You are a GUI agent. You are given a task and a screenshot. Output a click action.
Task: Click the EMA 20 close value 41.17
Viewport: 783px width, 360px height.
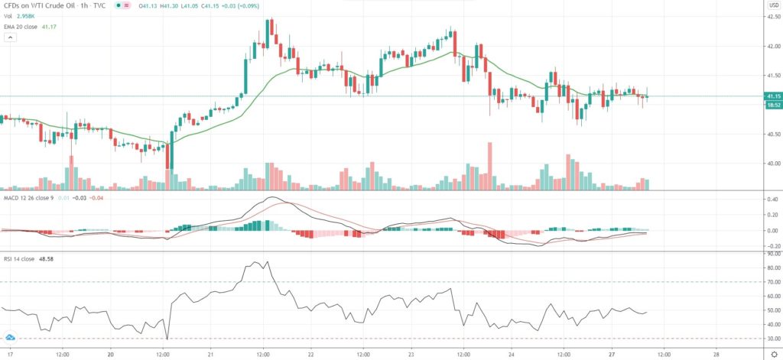pyautogui.click(x=48, y=27)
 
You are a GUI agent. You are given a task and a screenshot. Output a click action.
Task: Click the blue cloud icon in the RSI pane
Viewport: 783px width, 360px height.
pyautogui.click(x=10, y=337)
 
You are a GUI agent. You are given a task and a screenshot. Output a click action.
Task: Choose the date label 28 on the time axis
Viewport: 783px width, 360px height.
pyautogui.click(x=715, y=355)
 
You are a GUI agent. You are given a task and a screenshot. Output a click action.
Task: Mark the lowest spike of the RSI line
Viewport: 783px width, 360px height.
pyautogui.click(x=167, y=339)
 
